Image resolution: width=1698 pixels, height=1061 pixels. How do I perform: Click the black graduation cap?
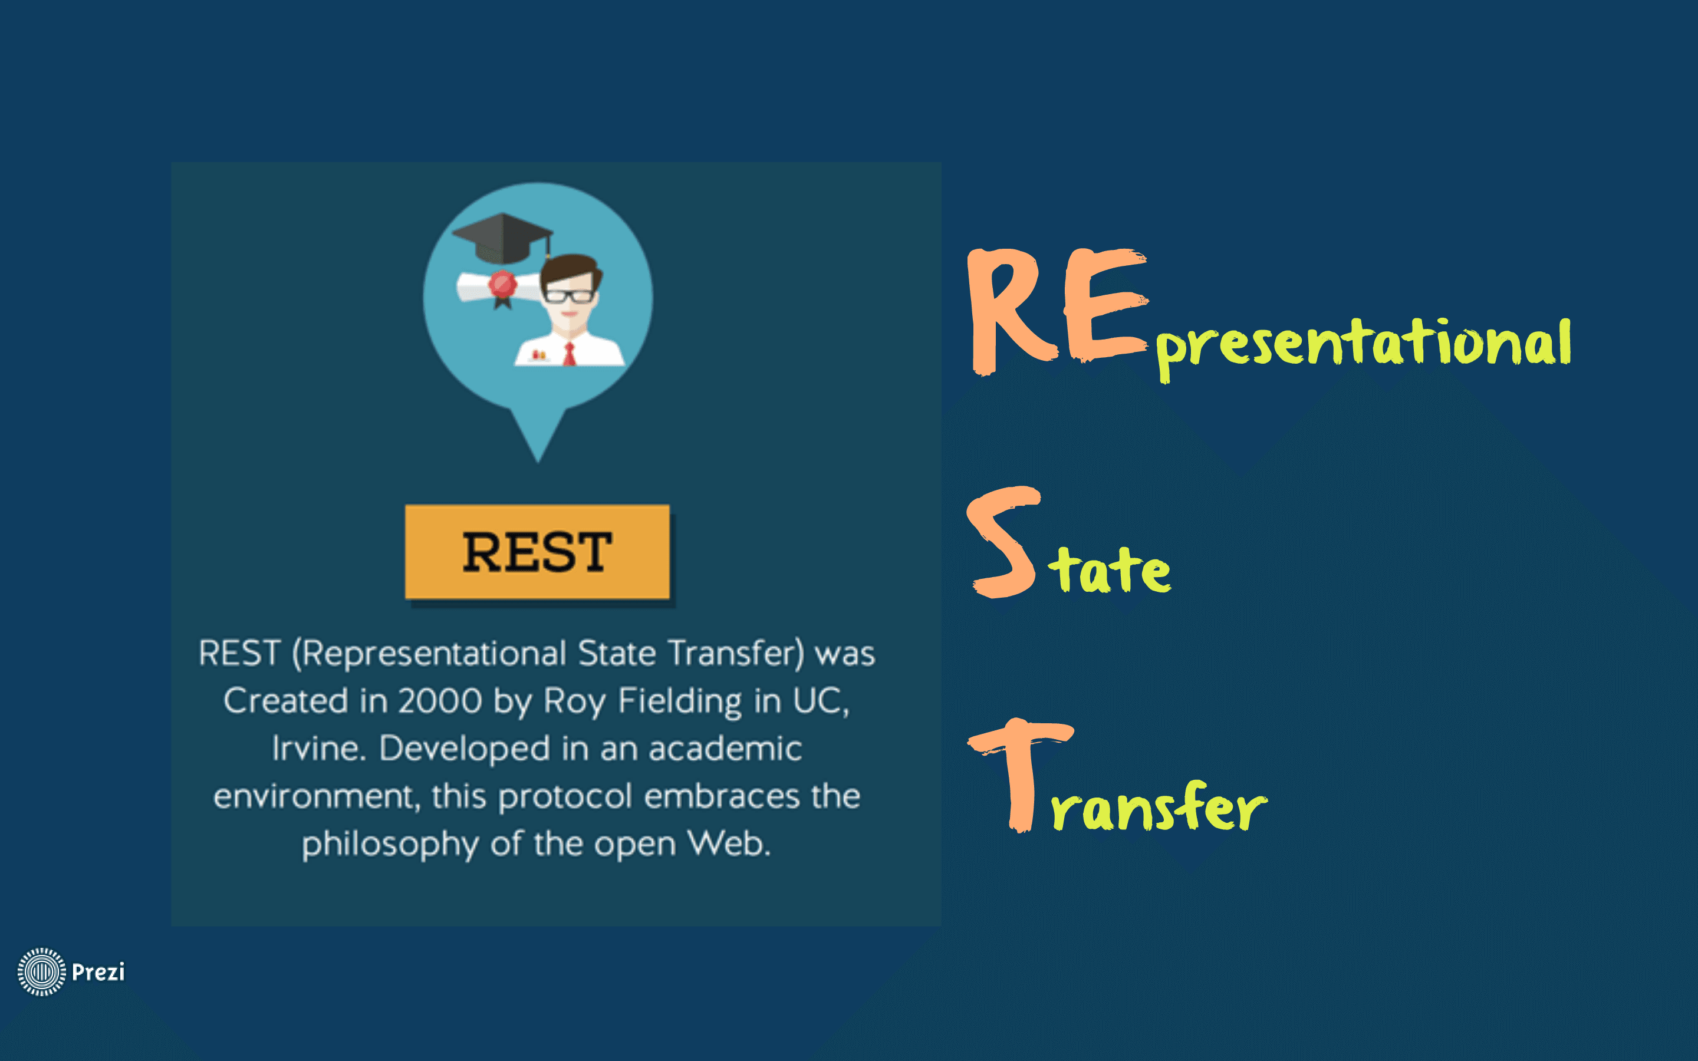click(x=502, y=237)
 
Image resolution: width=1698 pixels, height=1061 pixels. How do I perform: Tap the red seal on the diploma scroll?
click(x=502, y=285)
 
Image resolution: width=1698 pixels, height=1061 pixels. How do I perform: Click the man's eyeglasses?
click(x=568, y=295)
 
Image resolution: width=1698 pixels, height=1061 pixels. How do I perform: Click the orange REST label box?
click(x=538, y=552)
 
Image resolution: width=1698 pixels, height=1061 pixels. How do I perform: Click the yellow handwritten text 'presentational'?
click(x=1363, y=347)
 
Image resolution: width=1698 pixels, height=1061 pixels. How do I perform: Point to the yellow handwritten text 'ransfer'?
click(x=1159, y=806)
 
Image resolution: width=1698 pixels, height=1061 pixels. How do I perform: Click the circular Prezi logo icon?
click(x=41, y=972)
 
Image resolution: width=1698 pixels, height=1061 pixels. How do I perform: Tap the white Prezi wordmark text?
click(x=98, y=972)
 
